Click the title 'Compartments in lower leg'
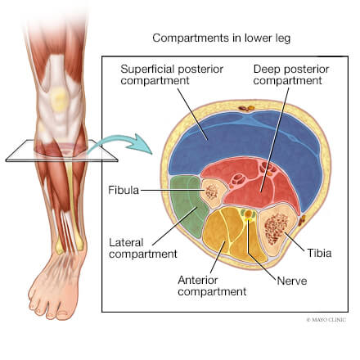coord(221,38)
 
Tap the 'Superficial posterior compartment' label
coord(172,74)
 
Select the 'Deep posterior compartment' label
coord(291,74)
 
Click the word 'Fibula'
coord(124,190)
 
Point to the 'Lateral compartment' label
coord(143,248)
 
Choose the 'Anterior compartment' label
coord(212,286)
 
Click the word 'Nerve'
coord(292,281)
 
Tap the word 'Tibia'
coord(319,253)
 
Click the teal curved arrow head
coord(142,143)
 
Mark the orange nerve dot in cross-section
coord(249,214)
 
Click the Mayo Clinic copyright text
coord(326,320)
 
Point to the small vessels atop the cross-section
coord(246,108)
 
